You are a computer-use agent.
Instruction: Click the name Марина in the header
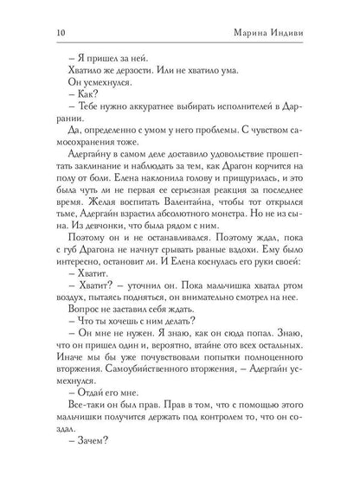point(258,33)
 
